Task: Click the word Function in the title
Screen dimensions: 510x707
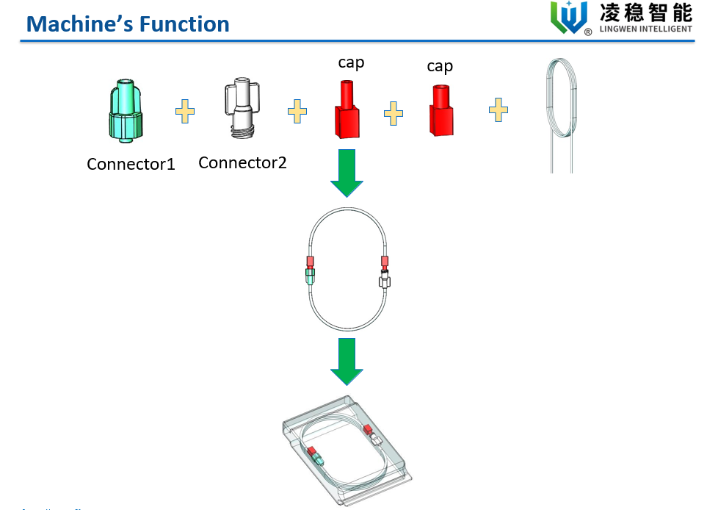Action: coord(184,24)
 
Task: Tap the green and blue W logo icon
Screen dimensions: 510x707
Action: coord(570,17)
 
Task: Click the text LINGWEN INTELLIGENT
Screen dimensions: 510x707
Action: coord(646,29)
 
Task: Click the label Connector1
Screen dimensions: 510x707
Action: coord(131,164)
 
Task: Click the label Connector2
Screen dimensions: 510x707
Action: coord(242,162)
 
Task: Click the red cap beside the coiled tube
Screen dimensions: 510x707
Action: coord(441,110)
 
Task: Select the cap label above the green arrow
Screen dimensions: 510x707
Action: coord(351,62)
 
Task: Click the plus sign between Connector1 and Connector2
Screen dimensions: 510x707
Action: coord(185,112)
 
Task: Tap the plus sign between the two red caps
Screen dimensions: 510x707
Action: coord(394,113)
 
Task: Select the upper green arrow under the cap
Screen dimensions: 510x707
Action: coord(347,172)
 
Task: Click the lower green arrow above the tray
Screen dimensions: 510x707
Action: coord(347,361)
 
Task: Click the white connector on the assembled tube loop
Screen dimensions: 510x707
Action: coord(384,280)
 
